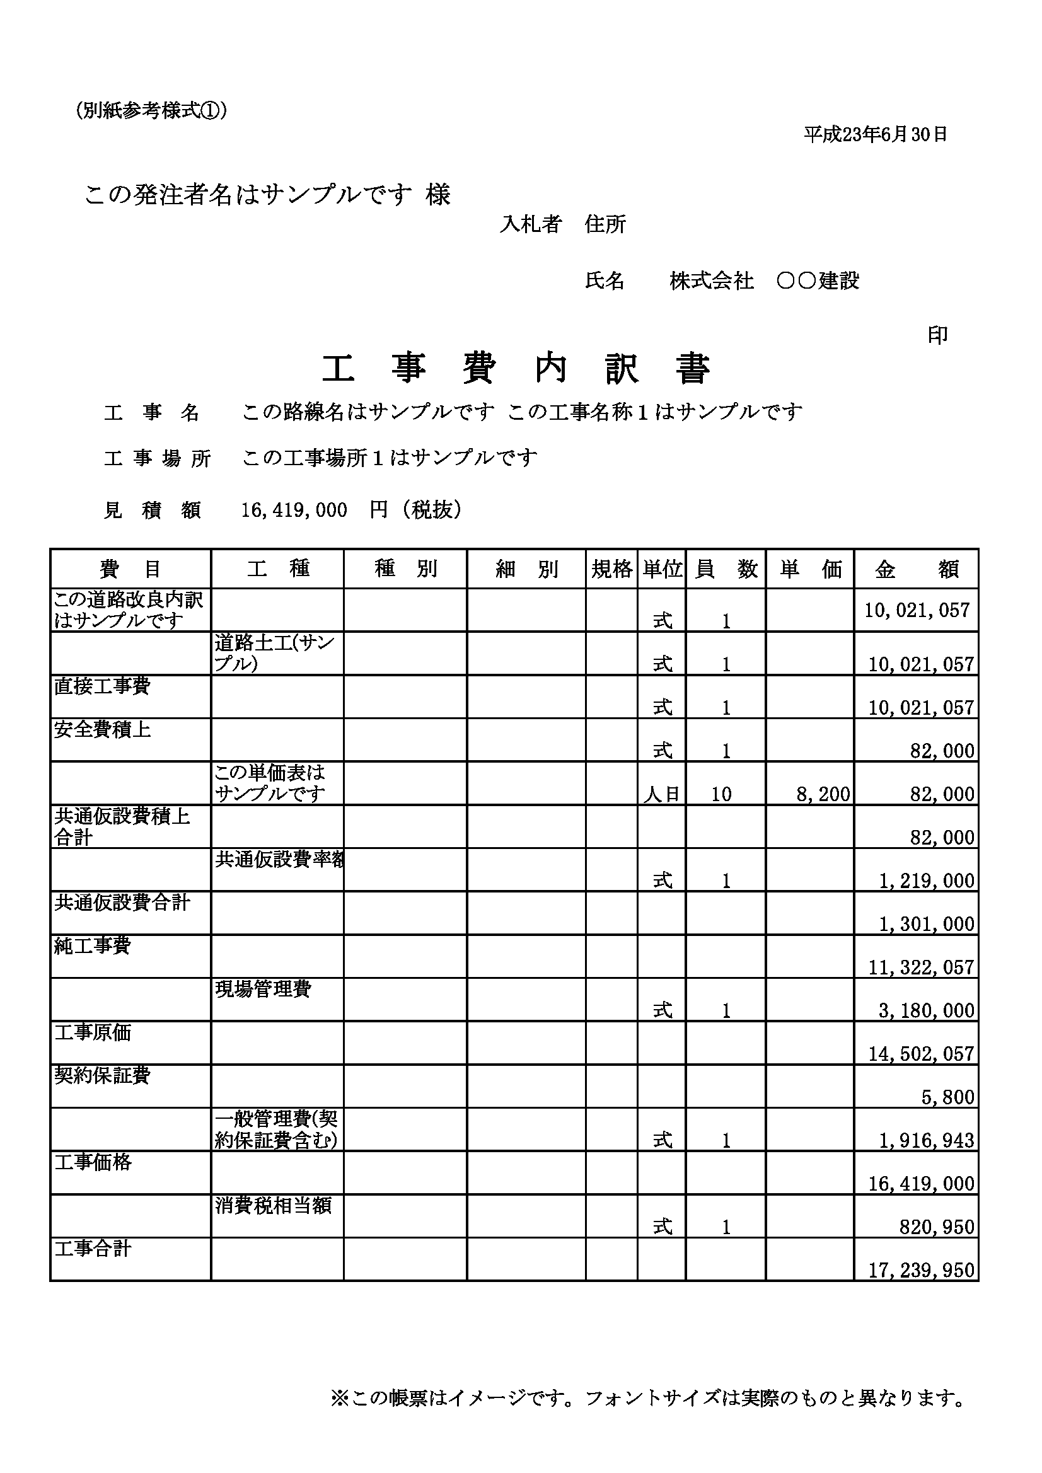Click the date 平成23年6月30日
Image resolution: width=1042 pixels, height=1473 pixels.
point(875,134)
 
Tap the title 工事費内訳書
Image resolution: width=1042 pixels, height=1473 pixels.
point(516,369)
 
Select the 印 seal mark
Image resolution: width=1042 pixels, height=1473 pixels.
point(937,335)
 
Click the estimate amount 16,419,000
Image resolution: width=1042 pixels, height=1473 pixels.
point(294,510)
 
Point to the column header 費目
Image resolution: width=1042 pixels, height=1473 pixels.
point(130,569)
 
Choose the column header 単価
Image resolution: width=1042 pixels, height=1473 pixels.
point(810,569)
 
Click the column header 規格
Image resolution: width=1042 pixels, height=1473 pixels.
point(611,569)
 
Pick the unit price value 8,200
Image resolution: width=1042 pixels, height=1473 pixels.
point(823,794)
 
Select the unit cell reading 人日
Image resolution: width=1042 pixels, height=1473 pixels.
point(661,795)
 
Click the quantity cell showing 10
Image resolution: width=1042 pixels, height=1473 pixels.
point(721,794)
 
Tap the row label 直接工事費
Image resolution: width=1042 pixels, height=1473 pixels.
point(102,686)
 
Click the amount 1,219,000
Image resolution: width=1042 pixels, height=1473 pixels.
point(927,881)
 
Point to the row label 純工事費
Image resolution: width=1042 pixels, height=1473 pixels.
point(93,945)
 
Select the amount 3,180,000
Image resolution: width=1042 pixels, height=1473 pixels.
point(927,1011)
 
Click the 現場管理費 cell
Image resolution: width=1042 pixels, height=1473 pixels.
point(263,989)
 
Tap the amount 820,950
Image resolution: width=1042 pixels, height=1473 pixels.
point(937,1227)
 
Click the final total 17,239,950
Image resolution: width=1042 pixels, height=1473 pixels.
point(922,1270)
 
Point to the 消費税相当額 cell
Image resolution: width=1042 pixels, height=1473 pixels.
point(274,1206)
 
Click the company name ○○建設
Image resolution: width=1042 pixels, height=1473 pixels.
point(818,281)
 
